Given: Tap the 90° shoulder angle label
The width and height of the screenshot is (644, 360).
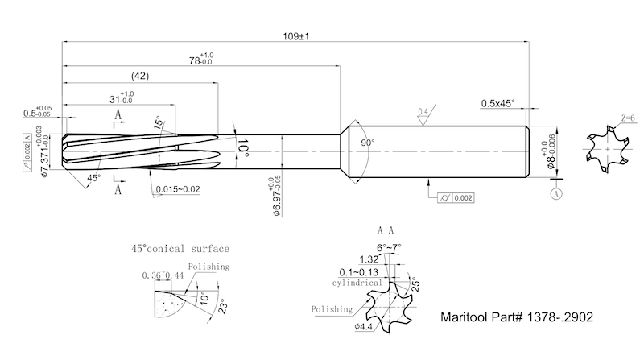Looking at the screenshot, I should (x=367, y=143).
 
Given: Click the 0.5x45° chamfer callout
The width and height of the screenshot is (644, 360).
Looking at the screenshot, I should (x=497, y=103).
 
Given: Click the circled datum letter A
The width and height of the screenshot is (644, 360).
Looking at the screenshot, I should (x=555, y=194).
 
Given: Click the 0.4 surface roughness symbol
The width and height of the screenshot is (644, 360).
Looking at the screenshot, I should (x=423, y=112).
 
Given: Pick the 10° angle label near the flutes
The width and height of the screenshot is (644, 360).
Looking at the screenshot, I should (x=242, y=146).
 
